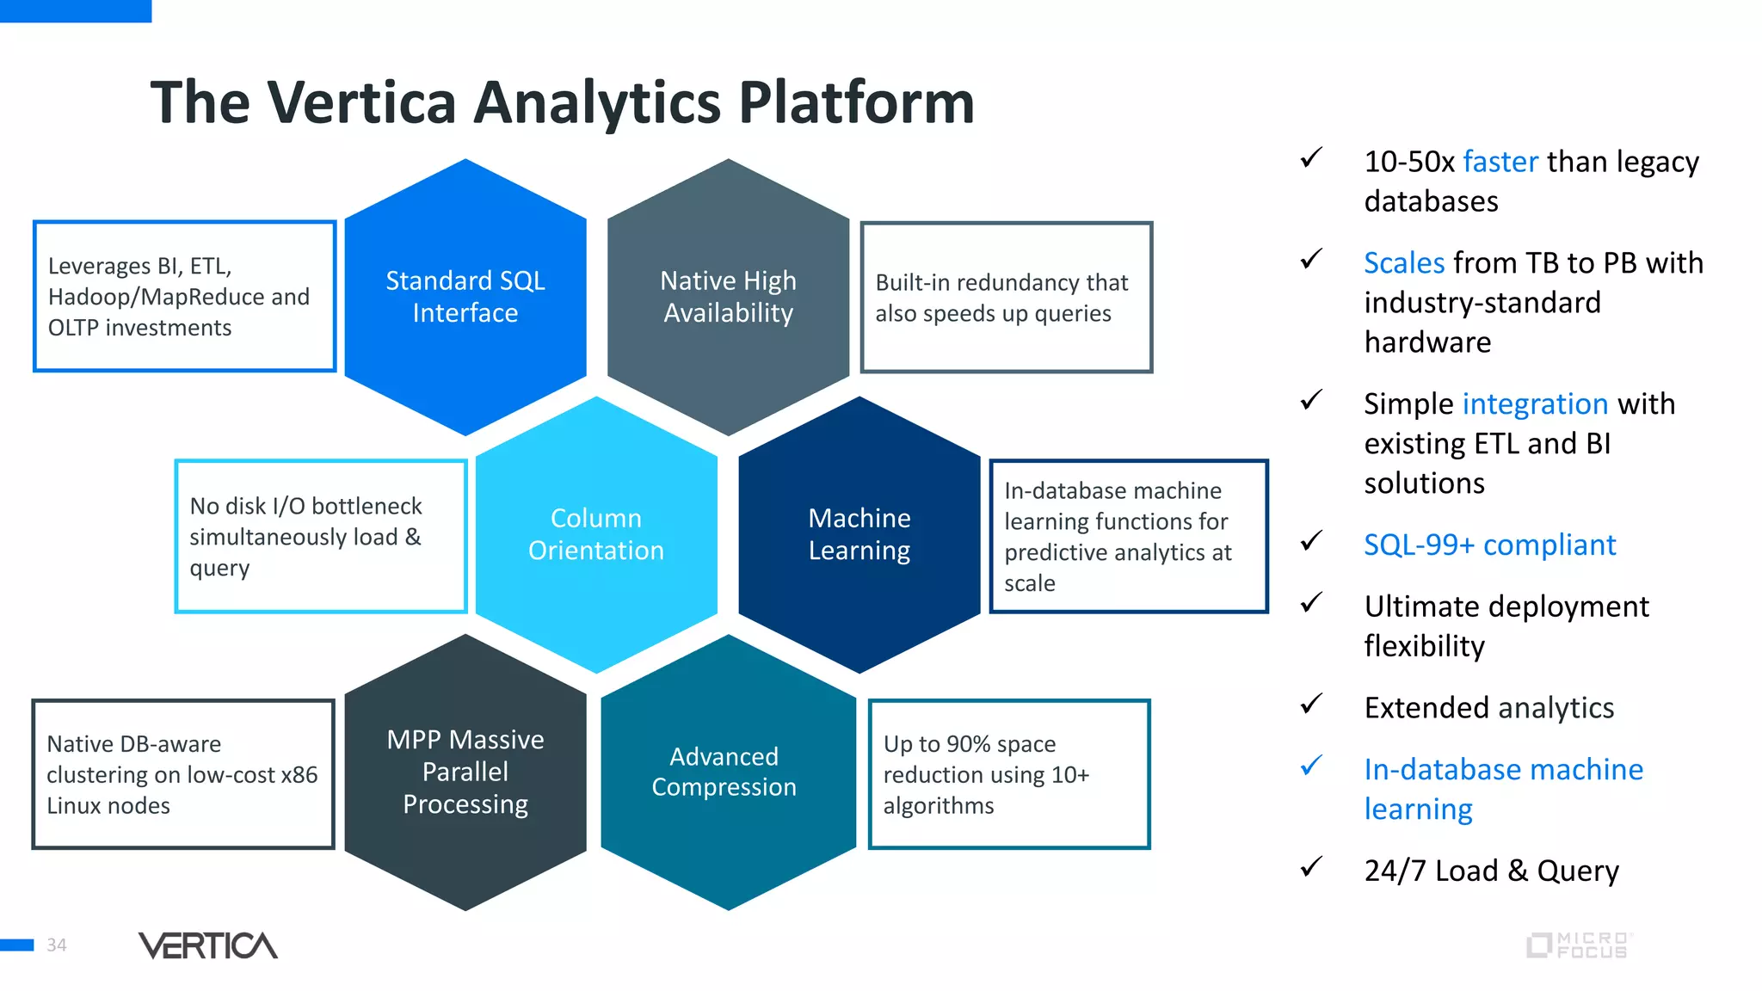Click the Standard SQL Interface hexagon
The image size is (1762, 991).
465,297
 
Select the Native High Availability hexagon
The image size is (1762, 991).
728,297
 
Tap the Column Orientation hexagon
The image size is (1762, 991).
596,534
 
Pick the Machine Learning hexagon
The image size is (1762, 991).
859,534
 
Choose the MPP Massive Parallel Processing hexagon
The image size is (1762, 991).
465,772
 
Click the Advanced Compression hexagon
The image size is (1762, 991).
728,772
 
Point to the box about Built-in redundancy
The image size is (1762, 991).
1006,298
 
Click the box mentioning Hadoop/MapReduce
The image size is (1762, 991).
184,297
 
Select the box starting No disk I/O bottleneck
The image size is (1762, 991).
320,536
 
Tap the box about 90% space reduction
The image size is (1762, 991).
1008,774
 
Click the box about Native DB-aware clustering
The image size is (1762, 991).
182,774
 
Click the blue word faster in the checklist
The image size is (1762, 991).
1500,162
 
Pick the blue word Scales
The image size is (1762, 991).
1403,263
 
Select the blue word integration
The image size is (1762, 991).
1534,404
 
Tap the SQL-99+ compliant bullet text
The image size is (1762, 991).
1489,545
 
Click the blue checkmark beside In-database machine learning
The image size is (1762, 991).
1311,765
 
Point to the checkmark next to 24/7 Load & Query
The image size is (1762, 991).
1311,866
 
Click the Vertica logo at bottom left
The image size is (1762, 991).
207,945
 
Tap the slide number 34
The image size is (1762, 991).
57,945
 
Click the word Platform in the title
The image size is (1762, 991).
856,103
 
